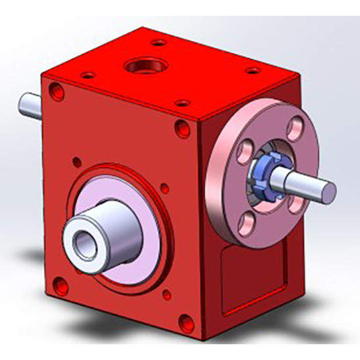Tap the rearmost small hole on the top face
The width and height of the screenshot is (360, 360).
point(156,43)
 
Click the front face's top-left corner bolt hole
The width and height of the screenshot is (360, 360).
point(58,94)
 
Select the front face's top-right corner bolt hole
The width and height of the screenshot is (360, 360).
point(181,127)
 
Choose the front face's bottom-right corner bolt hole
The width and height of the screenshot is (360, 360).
point(186,321)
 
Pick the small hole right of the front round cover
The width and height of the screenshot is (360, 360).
point(165,190)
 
